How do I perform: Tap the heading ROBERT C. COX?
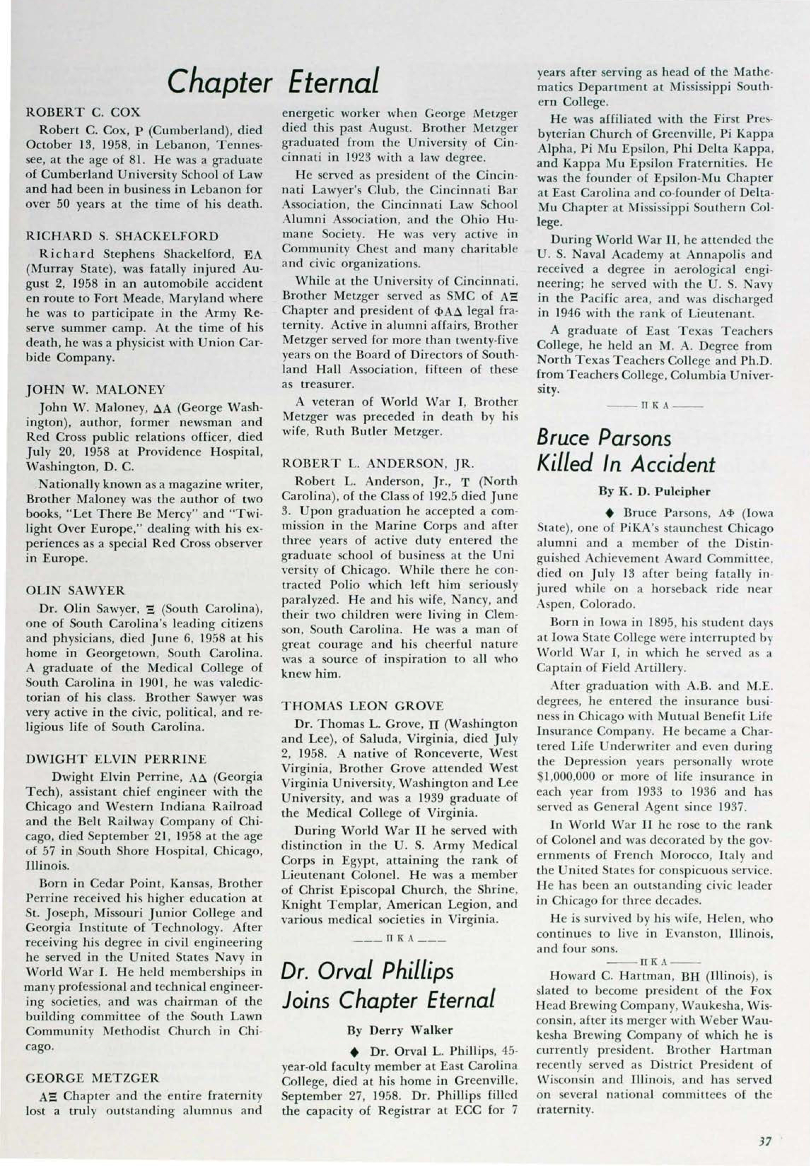coord(83,112)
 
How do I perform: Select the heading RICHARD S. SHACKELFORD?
coord(122,236)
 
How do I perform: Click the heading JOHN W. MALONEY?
coord(95,390)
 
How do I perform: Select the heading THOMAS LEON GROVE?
coord(363,706)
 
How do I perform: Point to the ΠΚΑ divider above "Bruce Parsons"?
coord(655,406)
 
